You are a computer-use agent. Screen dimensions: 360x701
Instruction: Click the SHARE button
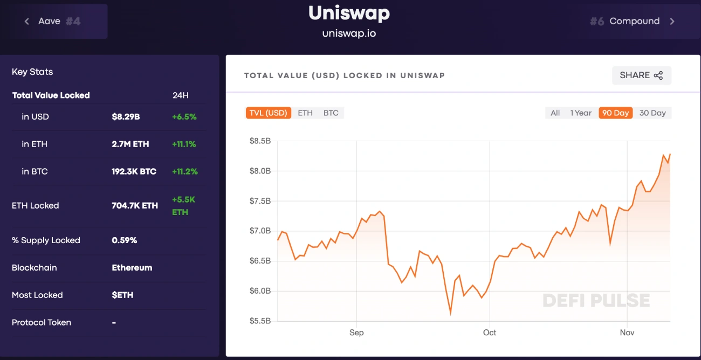[641, 75]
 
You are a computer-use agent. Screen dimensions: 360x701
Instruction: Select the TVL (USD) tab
[268, 113]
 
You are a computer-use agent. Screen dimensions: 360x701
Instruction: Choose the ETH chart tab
[305, 113]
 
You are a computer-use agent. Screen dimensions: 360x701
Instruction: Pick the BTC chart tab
[331, 113]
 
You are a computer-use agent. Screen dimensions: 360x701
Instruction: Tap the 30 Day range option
[652, 113]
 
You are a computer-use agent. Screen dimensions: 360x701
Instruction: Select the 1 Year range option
[581, 113]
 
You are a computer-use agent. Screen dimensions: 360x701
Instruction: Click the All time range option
[555, 113]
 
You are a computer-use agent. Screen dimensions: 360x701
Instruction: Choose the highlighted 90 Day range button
[615, 113]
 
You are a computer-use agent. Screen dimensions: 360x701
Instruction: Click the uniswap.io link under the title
[349, 33]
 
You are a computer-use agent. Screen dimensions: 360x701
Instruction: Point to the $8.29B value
[126, 117]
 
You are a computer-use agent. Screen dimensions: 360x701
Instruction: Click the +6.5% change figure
[184, 117]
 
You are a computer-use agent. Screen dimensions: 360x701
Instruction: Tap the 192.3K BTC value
[134, 172]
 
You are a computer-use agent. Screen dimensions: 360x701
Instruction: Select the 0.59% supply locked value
[124, 240]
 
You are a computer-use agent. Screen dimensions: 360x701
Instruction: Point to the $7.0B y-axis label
[260, 231]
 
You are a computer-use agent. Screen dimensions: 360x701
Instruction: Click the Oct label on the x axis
[490, 333]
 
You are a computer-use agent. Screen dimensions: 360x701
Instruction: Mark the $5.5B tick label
[260, 321]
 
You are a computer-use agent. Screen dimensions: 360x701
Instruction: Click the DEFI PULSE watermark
[596, 300]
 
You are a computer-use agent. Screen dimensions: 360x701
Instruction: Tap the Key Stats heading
[32, 72]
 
